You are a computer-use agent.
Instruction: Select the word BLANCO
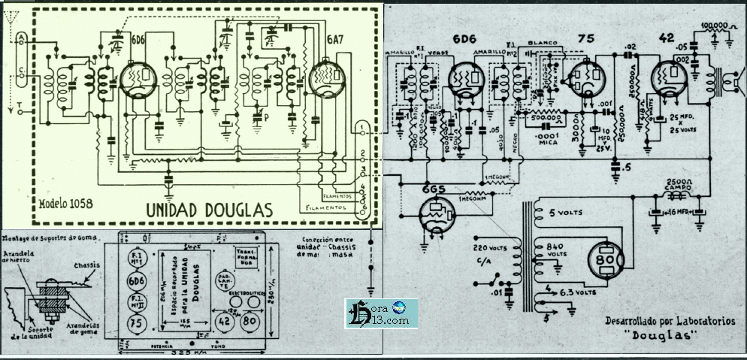coord(543,44)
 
